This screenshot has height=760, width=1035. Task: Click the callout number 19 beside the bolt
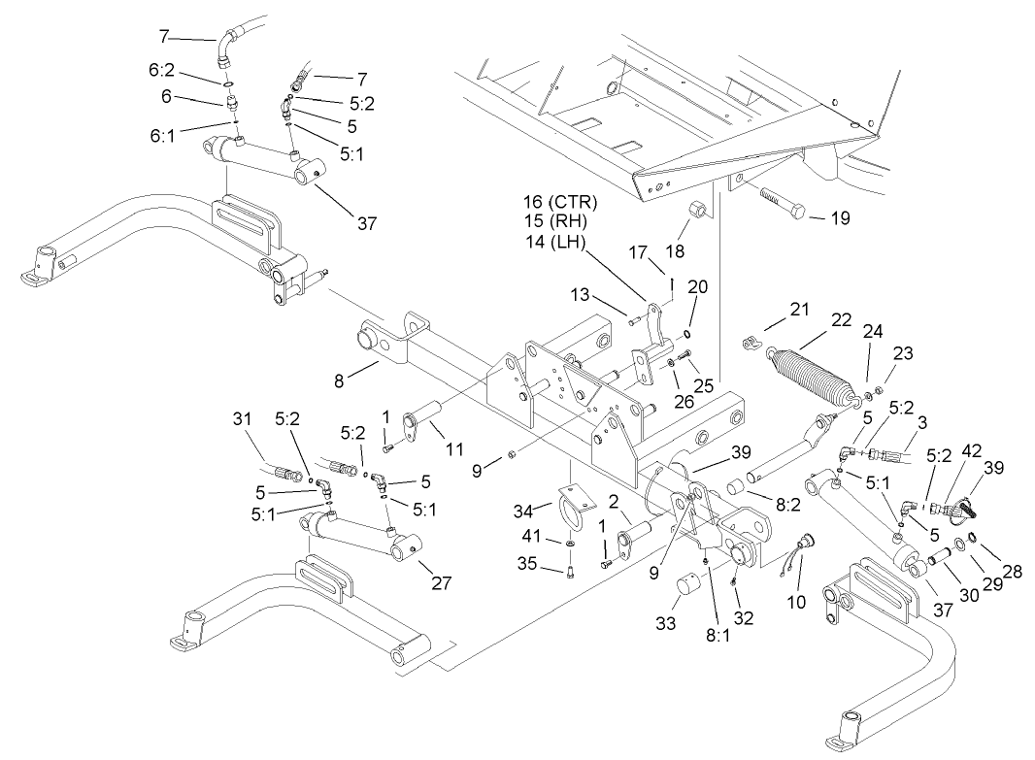[x=840, y=218]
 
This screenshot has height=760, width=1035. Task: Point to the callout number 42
[x=970, y=450]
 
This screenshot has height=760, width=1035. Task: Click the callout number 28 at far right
[x=1013, y=573]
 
